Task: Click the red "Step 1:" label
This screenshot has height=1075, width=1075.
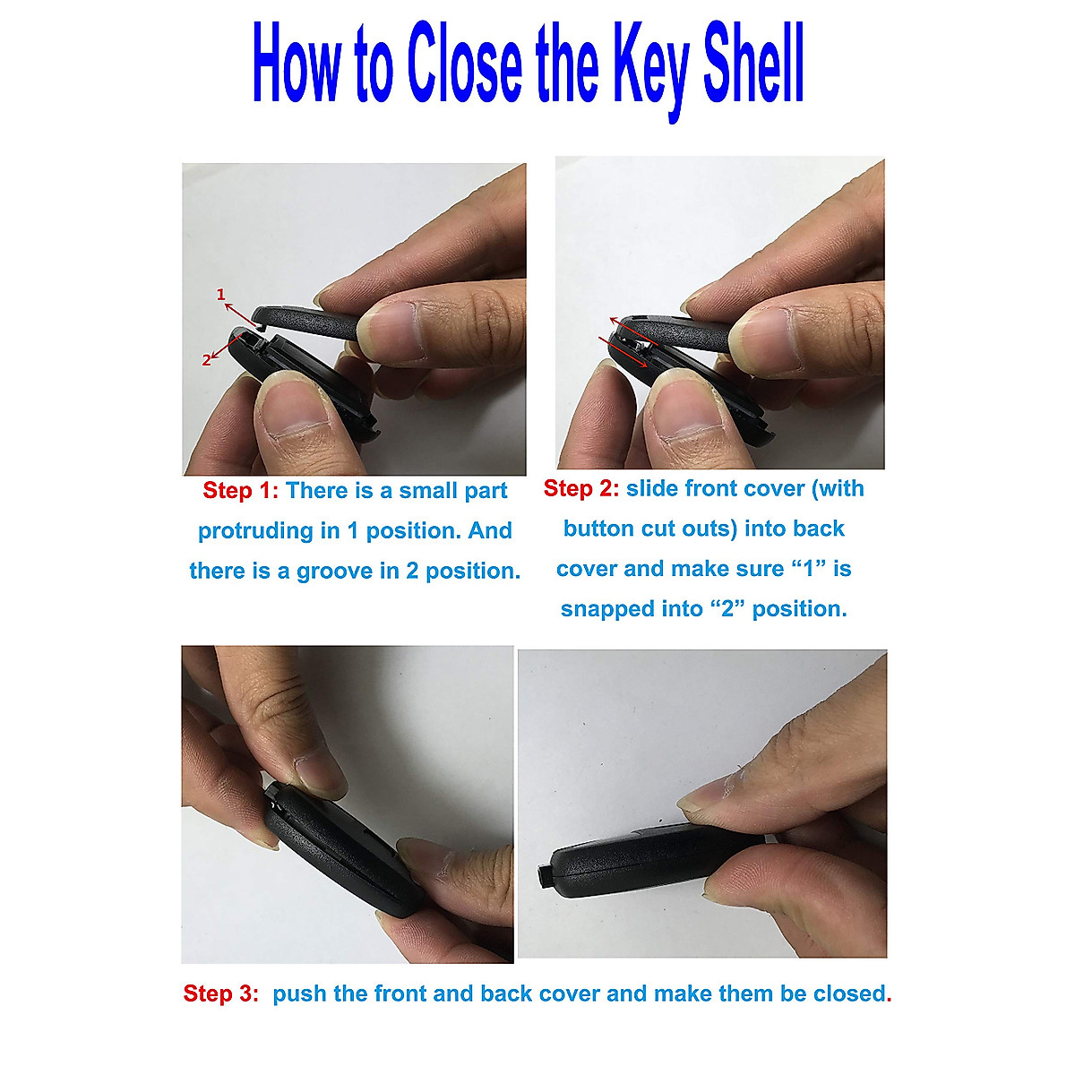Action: pyautogui.click(x=240, y=491)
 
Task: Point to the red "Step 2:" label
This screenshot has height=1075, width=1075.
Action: pyautogui.click(x=580, y=488)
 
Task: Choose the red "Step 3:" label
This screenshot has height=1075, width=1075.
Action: pyautogui.click(x=221, y=993)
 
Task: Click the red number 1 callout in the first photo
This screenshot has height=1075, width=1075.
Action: pyautogui.click(x=220, y=294)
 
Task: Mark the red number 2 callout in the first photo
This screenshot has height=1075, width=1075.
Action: pyautogui.click(x=206, y=360)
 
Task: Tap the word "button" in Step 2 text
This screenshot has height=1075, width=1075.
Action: pyautogui.click(x=598, y=529)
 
